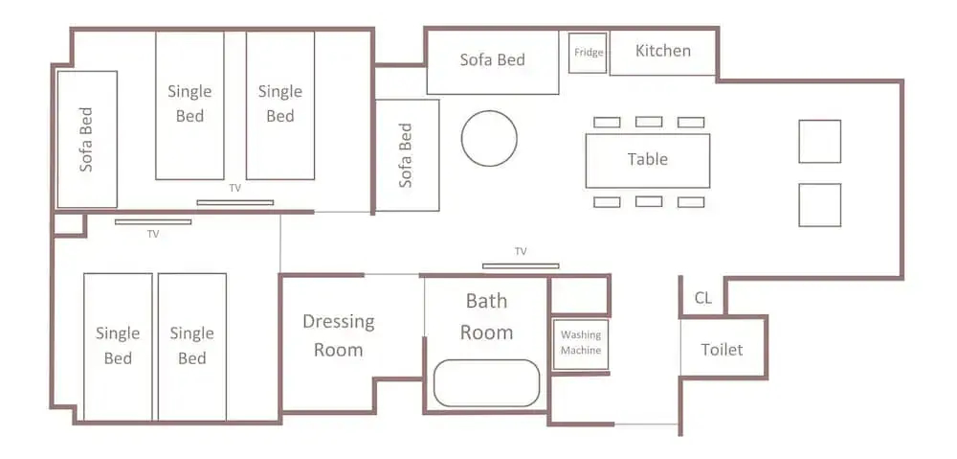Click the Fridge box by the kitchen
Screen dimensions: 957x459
588,53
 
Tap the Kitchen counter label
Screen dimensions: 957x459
663,50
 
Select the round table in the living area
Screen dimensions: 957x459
489,138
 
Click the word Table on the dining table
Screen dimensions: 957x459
648,159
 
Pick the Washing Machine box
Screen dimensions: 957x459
581,345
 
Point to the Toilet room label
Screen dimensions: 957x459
722,350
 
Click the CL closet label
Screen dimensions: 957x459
703,299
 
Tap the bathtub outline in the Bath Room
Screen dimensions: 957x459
486,383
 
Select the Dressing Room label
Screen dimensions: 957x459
338,335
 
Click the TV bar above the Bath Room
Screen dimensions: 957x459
521,265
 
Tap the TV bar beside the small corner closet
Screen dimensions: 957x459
153,222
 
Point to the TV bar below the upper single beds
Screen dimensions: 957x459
235,202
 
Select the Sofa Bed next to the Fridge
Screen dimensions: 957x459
493,61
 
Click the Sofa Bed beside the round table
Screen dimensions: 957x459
407,155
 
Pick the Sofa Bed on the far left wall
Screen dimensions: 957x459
87,139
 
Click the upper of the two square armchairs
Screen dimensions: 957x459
820,141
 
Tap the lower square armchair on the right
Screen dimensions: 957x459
820,205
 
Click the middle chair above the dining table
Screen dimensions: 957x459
649,123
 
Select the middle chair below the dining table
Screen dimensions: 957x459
649,201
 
